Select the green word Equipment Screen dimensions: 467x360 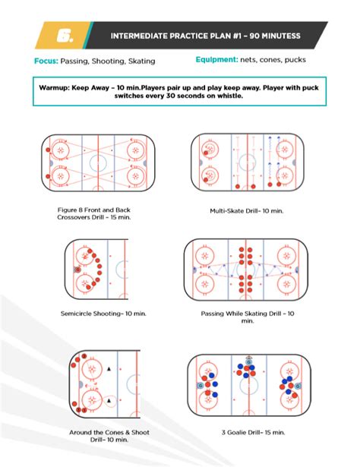[x=219, y=60]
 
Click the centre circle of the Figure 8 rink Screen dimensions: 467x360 [x=99, y=162]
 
